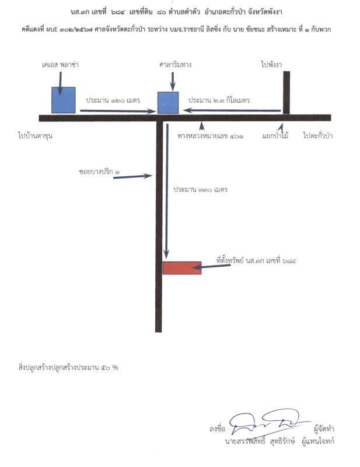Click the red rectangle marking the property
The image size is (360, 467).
(182, 268)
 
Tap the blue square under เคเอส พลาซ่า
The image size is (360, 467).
(64, 100)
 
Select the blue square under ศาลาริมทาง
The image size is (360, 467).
(168, 103)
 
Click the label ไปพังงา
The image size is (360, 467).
(271, 64)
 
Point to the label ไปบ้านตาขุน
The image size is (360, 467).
(35, 136)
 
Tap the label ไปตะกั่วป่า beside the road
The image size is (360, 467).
(318, 136)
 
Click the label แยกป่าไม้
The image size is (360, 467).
(275, 136)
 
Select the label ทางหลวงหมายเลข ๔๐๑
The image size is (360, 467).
(211, 136)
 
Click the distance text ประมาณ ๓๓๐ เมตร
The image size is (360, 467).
(201, 190)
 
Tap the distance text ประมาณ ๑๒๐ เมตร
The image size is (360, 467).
(113, 100)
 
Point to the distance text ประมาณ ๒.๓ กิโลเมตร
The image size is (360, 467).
(219, 100)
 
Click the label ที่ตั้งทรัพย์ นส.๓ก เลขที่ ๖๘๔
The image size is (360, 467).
(256, 261)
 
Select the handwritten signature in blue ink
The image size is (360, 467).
(270, 422)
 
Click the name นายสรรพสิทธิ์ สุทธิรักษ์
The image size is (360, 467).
(260, 441)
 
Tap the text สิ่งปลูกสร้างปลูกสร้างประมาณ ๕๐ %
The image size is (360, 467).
(68, 368)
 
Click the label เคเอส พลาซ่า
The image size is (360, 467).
(61, 65)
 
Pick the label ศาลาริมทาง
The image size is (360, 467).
(175, 65)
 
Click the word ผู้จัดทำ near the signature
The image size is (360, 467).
(324, 429)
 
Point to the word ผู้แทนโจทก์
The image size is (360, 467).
(318, 441)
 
